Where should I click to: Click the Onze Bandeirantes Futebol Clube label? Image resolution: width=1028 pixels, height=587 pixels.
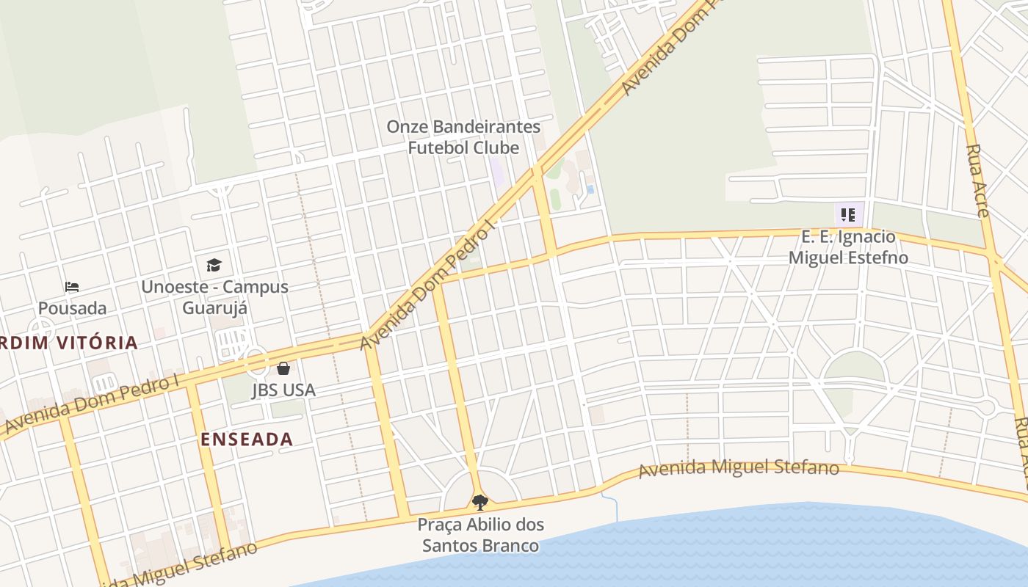[x=463, y=137]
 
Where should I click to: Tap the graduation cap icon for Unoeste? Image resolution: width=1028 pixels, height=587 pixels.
[x=214, y=265]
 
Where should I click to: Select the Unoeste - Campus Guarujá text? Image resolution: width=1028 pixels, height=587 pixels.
[x=214, y=297]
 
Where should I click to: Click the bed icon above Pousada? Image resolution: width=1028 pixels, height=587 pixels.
[x=72, y=286]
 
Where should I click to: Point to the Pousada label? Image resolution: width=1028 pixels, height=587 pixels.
[x=72, y=308]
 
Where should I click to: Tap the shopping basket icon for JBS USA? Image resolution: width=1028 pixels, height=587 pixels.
[x=283, y=368]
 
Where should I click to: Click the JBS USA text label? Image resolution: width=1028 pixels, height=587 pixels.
[x=284, y=390]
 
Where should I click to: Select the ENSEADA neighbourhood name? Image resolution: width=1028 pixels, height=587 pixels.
[x=247, y=440]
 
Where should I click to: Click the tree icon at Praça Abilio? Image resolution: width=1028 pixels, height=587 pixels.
[x=480, y=503]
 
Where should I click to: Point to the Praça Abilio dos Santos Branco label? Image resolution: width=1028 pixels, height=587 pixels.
[x=481, y=535]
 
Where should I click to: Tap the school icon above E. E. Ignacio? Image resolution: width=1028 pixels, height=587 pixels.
[x=848, y=215]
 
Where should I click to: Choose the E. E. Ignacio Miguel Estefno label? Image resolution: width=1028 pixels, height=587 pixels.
[x=848, y=247]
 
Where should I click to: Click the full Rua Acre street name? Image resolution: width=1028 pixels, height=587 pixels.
[x=977, y=181]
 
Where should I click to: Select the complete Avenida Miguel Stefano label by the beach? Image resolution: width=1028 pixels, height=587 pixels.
[x=738, y=468]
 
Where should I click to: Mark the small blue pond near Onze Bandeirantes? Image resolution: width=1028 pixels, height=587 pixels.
[x=590, y=189]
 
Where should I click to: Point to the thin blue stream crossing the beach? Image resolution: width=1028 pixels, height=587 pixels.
[x=610, y=506]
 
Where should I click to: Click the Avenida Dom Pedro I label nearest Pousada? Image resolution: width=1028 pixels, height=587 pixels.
[x=92, y=404]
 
